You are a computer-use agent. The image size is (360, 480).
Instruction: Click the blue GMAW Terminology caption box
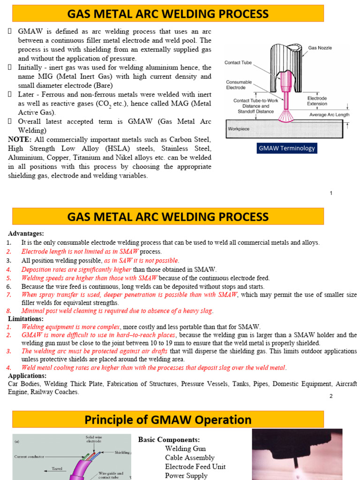[287, 149]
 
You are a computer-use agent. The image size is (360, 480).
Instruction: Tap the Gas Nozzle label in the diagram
[319, 48]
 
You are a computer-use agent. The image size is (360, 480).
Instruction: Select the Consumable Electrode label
[239, 84]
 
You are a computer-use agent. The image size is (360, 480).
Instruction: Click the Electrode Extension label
[317, 101]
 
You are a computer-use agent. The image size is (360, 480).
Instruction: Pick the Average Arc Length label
[330, 115]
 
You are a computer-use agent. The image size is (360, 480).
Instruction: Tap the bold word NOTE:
[20, 140]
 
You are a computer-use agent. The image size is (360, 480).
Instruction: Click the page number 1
[331, 193]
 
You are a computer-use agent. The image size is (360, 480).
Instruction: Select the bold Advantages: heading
[26, 233]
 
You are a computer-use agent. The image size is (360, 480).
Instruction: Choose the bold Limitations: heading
[26, 319]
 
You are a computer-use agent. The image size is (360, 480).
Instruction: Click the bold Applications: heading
[27, 375]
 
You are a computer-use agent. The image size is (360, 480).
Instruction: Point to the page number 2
[330, 396]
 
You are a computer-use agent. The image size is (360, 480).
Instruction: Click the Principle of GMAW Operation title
[167, 420]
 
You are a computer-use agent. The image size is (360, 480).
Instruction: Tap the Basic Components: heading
[169, 440]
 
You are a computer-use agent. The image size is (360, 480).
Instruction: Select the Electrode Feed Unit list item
[195, 466]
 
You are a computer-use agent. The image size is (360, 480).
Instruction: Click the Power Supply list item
[186, 475]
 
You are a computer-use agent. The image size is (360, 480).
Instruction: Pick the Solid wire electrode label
[93, 439]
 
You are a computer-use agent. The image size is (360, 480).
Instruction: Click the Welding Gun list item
[185, 449]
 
